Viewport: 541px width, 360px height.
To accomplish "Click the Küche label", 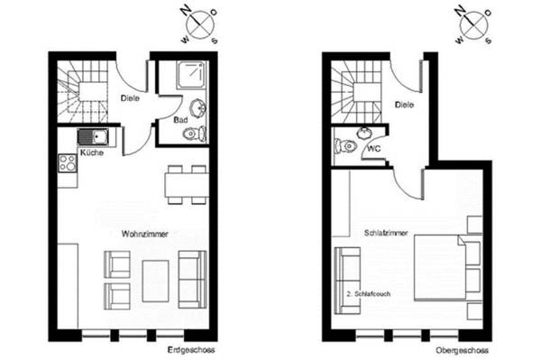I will tap(91, 153).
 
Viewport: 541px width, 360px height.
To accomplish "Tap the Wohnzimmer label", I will tap(145, 234).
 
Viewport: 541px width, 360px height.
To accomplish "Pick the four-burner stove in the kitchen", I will tap(68, 163).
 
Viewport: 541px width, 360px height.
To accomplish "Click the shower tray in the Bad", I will tap(191, 76).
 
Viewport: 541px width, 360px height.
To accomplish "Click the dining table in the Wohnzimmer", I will tap(187, 184).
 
